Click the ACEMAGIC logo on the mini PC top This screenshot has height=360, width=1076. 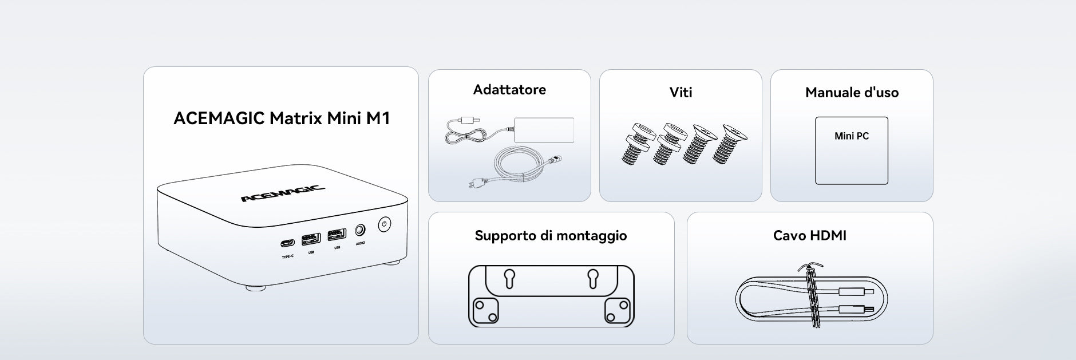click(x=283, y=194)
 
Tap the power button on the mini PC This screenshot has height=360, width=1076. click(x=385, y=224)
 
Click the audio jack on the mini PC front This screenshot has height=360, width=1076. click(x=360, y=230)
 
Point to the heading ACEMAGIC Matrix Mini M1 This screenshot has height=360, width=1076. click(x=282, y=118)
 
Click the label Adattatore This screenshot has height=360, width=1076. click(x=509, y=89)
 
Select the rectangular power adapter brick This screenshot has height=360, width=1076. click(x=544, y=130)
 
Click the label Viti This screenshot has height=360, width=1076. click(x=681, y=92)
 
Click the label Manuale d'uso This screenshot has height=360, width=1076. click(x=852, y=92)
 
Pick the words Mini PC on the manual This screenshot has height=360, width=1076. click(x=852, y=136)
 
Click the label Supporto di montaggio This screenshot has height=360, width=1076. click(x=551, y=236)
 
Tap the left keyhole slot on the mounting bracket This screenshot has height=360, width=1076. click(x=509, y=279)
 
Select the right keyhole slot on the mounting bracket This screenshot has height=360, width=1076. click(x=593, y=279)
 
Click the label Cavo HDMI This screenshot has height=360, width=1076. click(x=809, y=235)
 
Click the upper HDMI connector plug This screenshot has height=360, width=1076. click(x=856, y=292)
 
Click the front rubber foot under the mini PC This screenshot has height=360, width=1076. click(x=256, y=288)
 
